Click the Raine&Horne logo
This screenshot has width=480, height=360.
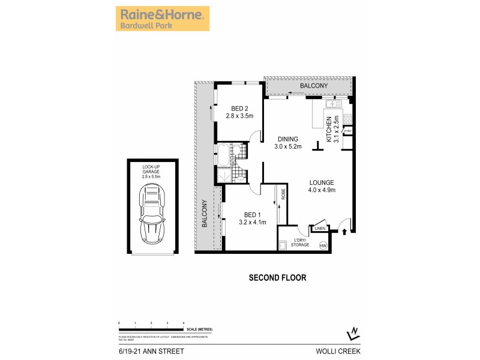pyautogui.click(x=162, y=19)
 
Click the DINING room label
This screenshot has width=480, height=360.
pyautogui.click(x=287, y=143)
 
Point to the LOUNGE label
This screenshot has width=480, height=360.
pyautogui.click(x=322, y=186)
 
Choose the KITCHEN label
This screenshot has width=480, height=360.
pyautogui.click(x=332, y=128)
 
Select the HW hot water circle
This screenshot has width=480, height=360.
pyautogui.click(x=323, y=245)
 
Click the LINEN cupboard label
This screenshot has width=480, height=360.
pyautogui.click(x=319, y=228)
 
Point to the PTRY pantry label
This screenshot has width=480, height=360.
pyautogui.click(x=347, y=131)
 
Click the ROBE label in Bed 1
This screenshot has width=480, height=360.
pyautogui.click(x=283, y=194)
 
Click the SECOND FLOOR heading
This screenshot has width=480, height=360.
pyautogui.click(x=278, y=278)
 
